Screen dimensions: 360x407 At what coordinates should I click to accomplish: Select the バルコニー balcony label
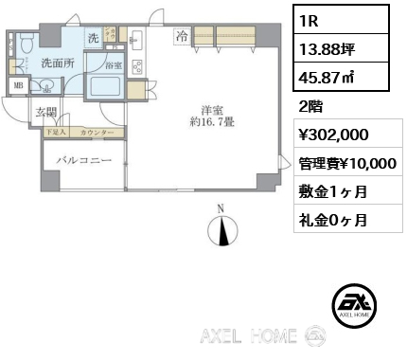point(83,162)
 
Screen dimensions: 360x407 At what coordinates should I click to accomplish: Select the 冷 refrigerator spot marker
point(180,38)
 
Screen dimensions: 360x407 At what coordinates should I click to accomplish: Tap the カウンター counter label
point(97,134)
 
